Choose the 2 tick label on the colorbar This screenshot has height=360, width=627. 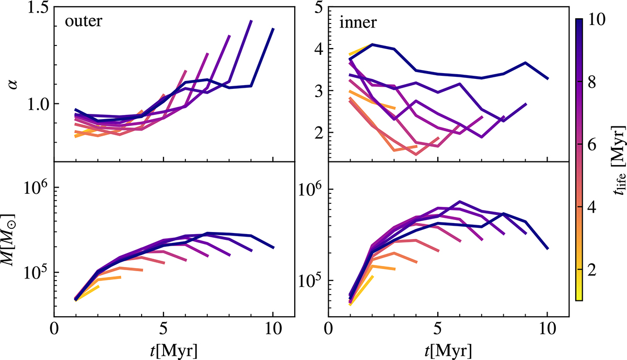[x=590, y=270]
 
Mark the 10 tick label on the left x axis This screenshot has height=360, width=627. [x=273, y=329]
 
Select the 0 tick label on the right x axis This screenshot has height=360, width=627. [x=328, y=329]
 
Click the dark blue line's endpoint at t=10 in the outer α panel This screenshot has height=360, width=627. [x=273, y=29]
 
